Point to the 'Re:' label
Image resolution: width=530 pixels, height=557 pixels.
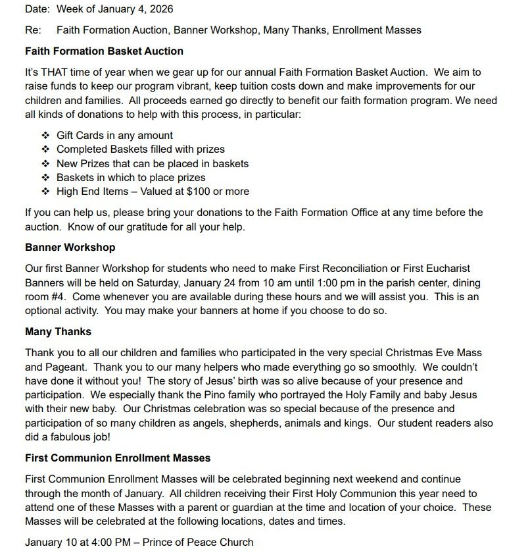[33, 30]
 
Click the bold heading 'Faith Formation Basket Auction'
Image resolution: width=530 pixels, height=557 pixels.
[104, 51]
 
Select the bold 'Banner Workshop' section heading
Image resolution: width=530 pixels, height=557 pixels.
[70, 248]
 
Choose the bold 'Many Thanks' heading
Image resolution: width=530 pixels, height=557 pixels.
[58, 331]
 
